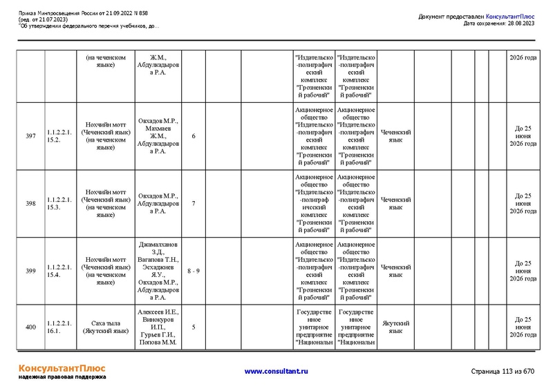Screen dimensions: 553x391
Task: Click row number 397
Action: click(30, 136)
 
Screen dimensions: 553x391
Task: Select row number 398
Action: click(30, 204)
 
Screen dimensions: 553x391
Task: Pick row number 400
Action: click(30, 327)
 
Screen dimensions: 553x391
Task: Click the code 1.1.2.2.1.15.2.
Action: click(59, 135)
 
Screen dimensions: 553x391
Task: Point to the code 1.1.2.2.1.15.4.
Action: click(59, 271)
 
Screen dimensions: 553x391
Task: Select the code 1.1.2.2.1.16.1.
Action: click(59, 327)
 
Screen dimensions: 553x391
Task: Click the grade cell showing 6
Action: click(194, 136)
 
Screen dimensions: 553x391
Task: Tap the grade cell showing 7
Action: click(194, 204)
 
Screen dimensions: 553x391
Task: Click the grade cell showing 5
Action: click(194, 327)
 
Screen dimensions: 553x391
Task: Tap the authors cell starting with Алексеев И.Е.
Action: click(158, 327)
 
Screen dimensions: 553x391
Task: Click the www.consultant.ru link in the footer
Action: click(276, 372)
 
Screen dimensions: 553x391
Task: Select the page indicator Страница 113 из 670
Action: click(503, 372)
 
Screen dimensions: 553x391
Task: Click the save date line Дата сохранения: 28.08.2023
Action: click(499, 23)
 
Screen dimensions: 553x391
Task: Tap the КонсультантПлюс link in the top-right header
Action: click(510, 17)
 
